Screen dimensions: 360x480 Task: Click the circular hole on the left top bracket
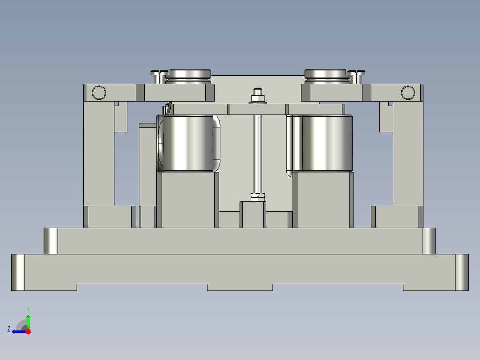coord(98,93)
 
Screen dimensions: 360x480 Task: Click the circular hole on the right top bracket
coord(407,93)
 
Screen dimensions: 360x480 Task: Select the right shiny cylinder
coord(327,143)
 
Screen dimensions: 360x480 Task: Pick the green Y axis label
coord(28,309)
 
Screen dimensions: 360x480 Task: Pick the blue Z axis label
coord(9,329)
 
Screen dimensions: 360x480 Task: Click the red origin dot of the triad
coord(28,331)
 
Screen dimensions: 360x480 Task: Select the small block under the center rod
coord(253,214)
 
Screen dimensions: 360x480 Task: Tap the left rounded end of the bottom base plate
coord(18,272)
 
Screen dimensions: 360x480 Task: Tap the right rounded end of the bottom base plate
coord(462,272)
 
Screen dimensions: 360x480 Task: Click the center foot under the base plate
coord(240,287)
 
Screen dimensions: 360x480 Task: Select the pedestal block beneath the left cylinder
coord(187,200)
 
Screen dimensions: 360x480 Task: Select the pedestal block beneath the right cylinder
coord(323,200)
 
